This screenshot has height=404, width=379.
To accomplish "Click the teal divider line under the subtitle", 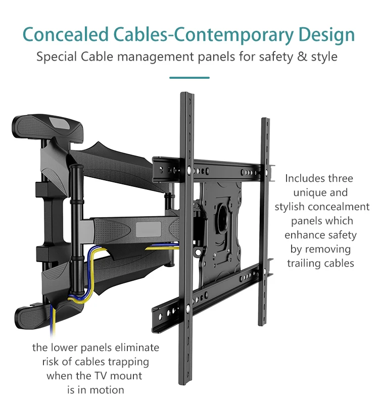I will point(189,78).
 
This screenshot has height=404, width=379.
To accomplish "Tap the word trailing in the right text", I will point(306,263).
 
